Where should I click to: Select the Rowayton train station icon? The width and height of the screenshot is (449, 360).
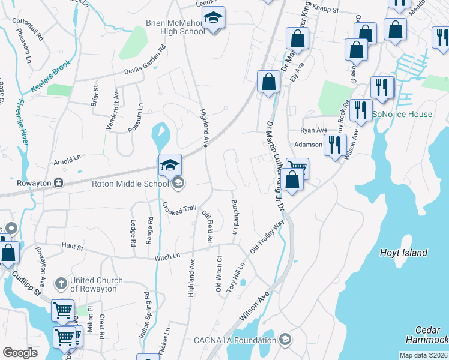(59, 183)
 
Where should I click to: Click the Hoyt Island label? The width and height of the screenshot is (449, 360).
(403, 253)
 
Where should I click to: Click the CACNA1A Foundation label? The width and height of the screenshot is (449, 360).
(235, 340)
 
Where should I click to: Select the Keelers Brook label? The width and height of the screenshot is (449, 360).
(52, 76)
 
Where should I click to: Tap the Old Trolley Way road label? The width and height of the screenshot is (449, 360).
(267, 236)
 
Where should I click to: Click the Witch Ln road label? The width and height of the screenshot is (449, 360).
(167, 256)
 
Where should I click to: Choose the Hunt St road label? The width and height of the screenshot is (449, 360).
(73, 245)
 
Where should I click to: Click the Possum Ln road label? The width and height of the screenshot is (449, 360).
(136, 118)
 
